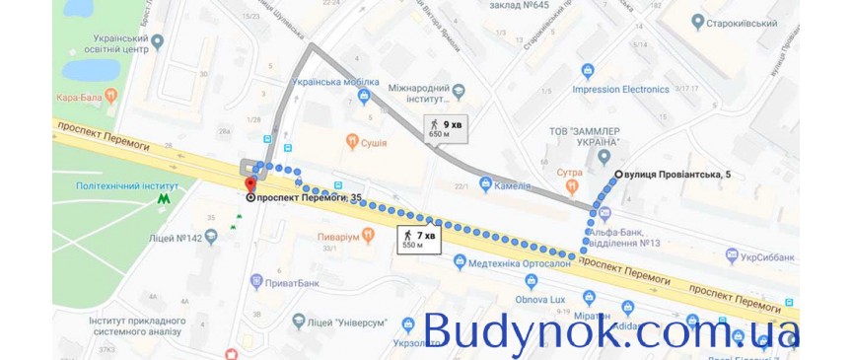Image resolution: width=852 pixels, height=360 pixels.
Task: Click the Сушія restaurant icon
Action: click(x=351, y=142)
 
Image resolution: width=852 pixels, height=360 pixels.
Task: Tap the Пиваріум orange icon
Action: click(x=367, y=236)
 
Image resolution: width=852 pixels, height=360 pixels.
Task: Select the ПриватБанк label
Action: click(x=297, y=281)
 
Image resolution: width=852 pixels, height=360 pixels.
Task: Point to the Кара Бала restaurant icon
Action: click(x=111, y=96)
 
